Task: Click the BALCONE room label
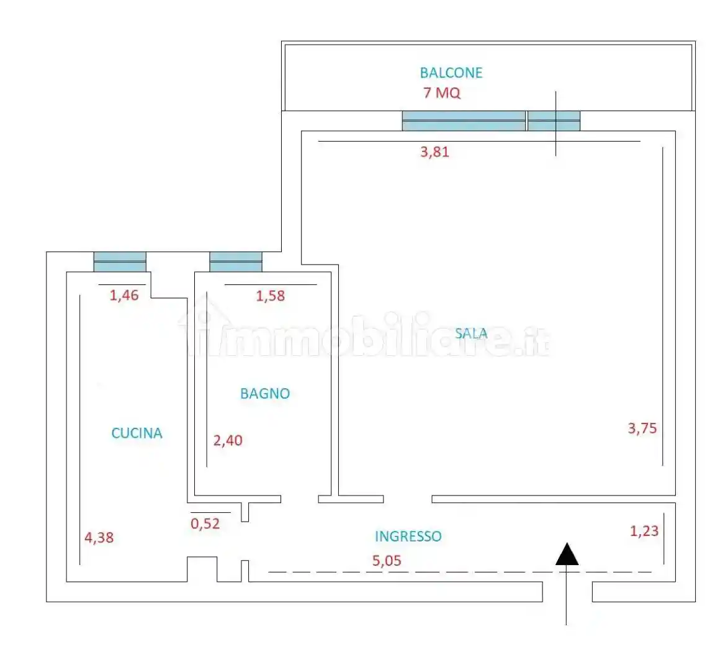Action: point(451,73)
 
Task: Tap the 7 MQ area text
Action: point(442,93)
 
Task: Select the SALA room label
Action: point(471,333)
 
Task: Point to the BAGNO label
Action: point(265,393)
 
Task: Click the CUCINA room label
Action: point(137,433)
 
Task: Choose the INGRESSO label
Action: point(408,536)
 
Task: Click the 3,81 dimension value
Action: point(434,152)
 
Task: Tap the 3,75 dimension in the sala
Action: point(642,428)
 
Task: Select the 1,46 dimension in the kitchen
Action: point(124,295)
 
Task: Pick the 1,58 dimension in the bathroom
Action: point(271,296)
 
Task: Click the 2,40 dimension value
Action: point(228,441)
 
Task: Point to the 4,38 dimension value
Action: point(99,537)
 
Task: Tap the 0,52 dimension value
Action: point(205,523)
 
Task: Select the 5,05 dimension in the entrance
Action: point(387,561)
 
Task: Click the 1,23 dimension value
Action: point(644,531)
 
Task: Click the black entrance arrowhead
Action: point(567,555)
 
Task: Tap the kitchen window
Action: point(120,262)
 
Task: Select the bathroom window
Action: point(236,262)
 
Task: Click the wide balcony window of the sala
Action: point(464,120)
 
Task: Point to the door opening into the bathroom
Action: point(300,499)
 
